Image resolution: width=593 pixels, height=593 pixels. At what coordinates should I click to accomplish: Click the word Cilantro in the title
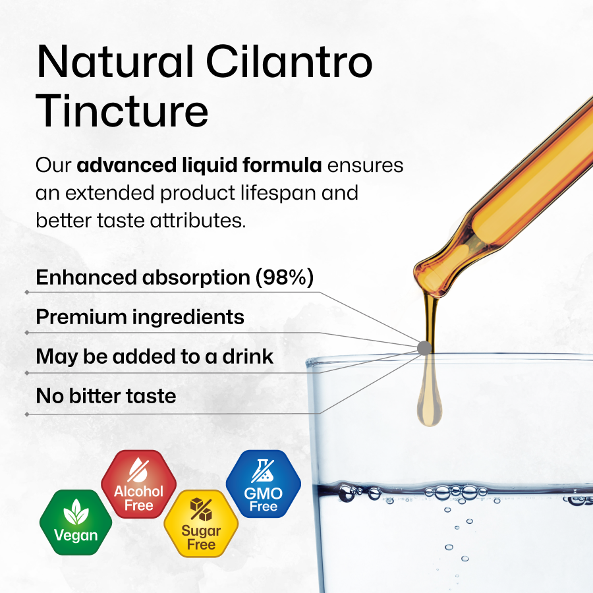point(289,62)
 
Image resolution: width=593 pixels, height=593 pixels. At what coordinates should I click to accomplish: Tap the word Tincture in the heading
point(122,111)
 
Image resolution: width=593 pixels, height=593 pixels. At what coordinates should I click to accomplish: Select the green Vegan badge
point(76,522)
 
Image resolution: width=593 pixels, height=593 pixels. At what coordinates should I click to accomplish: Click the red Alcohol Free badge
point(138,484)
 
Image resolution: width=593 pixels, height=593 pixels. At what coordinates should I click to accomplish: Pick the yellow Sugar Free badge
point(201,523)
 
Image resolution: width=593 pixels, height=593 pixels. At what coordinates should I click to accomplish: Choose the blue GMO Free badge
point(263,484)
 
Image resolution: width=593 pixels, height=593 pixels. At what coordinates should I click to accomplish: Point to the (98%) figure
point(285,277)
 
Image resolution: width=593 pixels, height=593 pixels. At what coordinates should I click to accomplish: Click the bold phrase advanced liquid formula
point(199,165)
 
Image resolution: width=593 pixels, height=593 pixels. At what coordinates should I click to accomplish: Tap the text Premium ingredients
point(140,316)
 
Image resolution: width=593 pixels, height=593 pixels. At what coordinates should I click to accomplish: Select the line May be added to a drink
point(154,356)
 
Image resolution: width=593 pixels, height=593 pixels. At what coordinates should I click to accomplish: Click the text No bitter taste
point(106,396)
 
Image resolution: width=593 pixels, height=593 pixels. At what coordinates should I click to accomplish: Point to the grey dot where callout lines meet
point(424,348)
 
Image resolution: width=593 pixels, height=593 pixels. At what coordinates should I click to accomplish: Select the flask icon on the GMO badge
point(263,470)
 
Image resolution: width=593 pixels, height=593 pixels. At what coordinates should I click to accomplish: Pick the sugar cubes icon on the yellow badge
point(201,509)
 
